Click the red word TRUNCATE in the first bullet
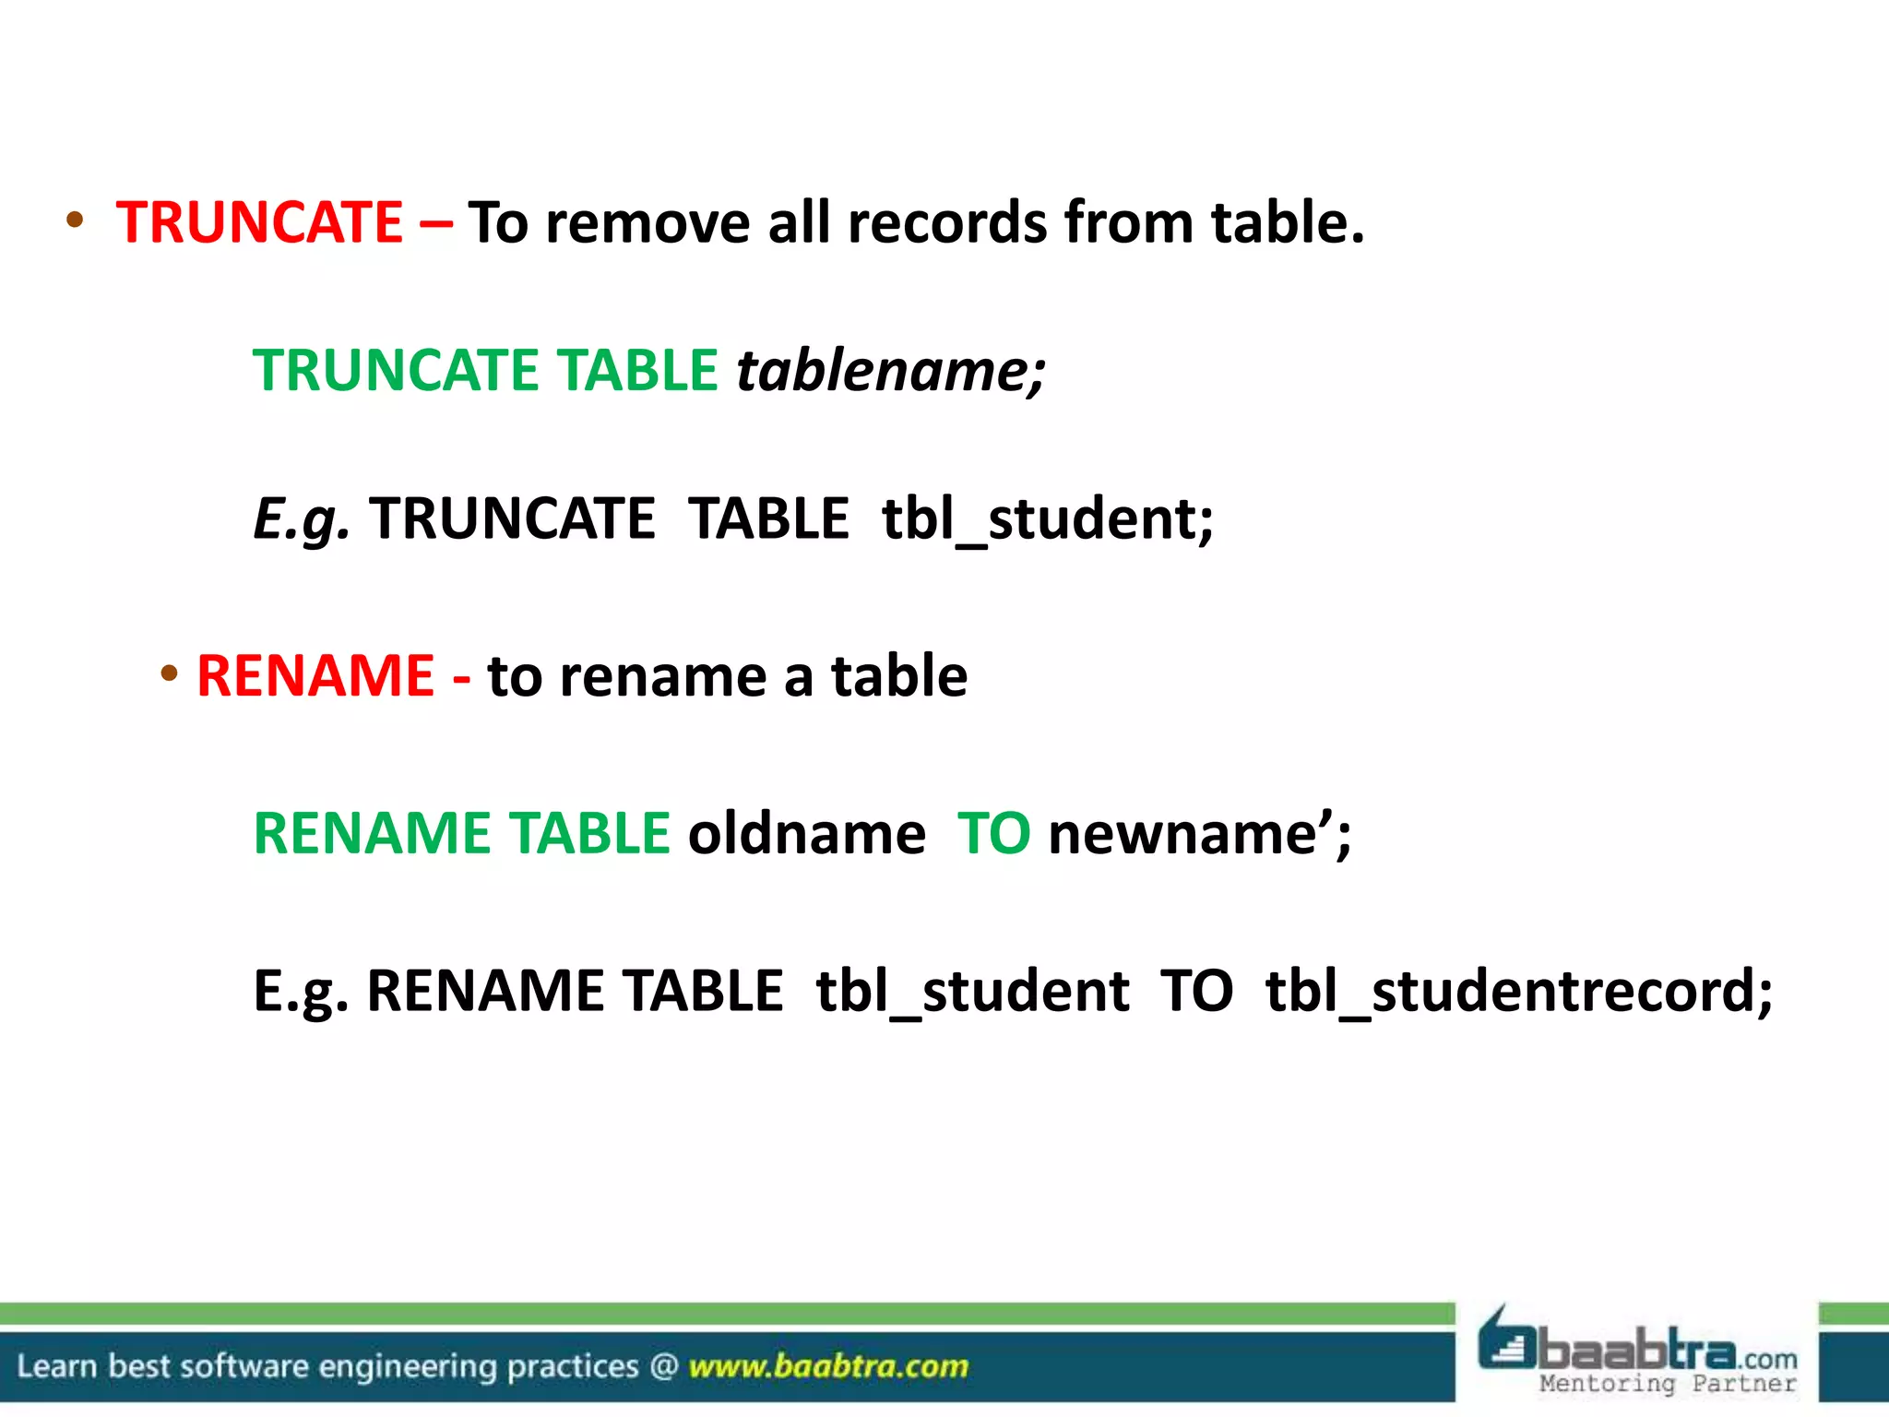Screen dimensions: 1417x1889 (x=259, y=222)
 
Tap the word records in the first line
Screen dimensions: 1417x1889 (x=947, y=222)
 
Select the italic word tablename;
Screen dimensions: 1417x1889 (x=891, y=370)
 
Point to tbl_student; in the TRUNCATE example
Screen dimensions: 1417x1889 (x=1048, y=518)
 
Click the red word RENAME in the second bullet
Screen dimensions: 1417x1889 (x=315, y=675)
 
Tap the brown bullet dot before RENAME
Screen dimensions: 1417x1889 (x=169, y=673)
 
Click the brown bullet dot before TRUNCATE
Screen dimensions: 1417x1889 (x=75, y=220)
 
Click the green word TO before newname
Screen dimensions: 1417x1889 (x=993, y=833)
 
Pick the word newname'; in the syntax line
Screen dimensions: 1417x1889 (x=1199, y=833)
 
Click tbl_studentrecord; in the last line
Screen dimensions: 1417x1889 (x=1518, y=991)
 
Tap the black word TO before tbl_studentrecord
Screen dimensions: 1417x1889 (x=1196, y=991)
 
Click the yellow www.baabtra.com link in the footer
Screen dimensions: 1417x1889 (x=828, y=1365)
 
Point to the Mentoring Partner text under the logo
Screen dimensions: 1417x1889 (x=1668, y=1384)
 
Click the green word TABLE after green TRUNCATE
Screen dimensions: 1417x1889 (x=639, y=370)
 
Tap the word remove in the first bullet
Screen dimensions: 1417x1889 (x=647, y=222)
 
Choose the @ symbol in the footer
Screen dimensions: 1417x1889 (x=663, y=1365)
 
